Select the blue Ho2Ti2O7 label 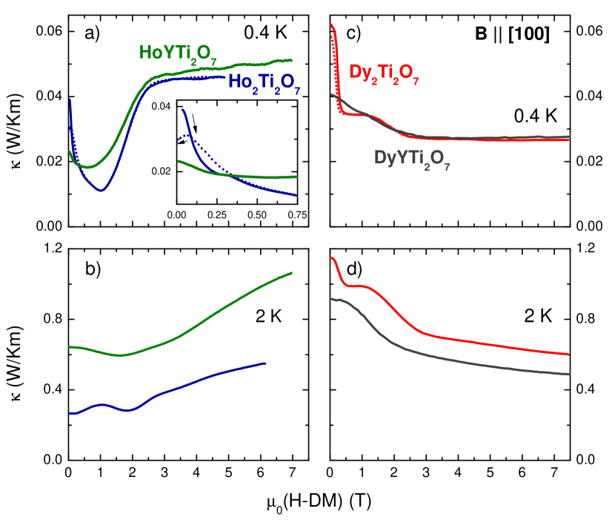264,82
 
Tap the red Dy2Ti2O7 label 384,74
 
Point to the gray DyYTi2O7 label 411,159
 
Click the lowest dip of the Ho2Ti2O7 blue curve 101,191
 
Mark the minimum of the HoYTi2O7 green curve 87,167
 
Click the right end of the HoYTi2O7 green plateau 291,60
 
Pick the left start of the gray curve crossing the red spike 331,95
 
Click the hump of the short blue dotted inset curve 190,136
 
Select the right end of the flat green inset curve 296,177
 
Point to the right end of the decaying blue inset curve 296,195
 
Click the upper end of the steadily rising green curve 292,273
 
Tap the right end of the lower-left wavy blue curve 265,363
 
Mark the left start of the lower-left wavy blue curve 70,413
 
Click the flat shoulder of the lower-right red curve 360,286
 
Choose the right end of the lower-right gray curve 568,374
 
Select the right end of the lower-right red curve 568,354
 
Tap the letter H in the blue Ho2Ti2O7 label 234,81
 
